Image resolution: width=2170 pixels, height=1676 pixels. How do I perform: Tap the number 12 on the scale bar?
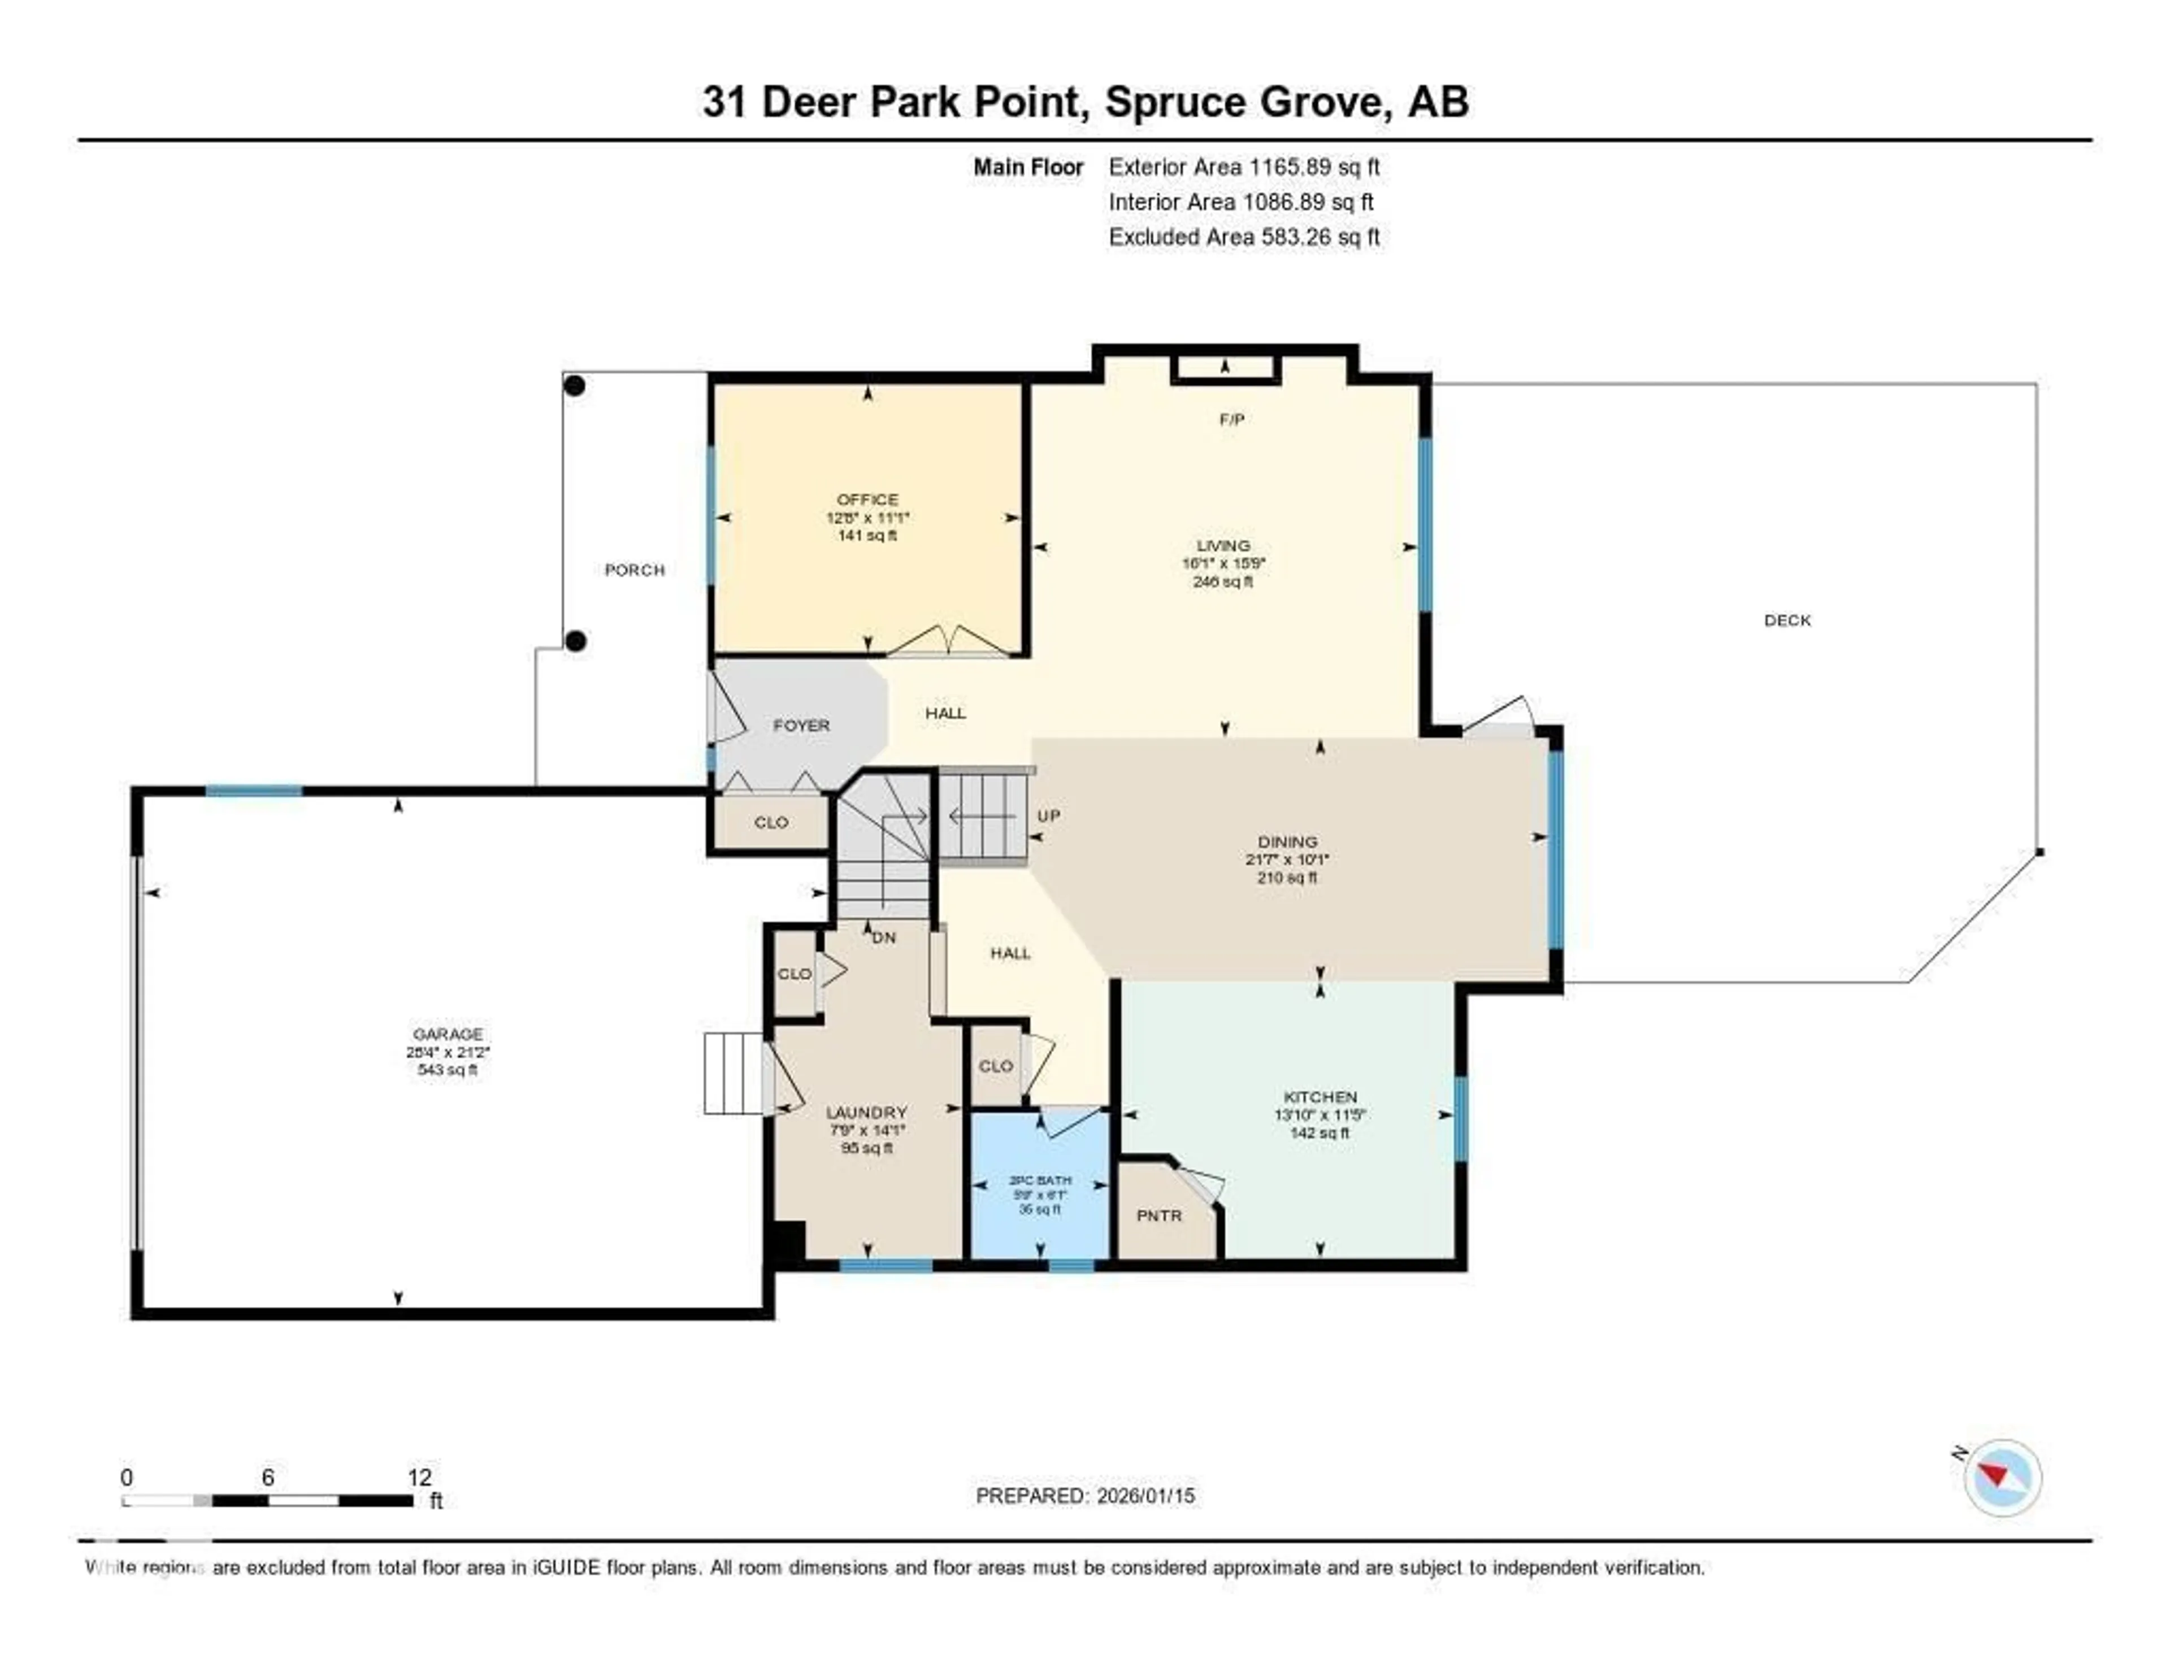(x=419, y=1477)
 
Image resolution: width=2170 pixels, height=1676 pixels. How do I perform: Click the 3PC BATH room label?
(x=1040, y=1180)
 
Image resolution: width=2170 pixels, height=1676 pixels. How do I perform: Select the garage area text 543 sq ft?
(x=447, y=1070)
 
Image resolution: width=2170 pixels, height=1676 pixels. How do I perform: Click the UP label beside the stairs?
(x=1048, y=815)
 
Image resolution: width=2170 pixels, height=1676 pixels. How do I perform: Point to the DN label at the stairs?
(x=883, y=937)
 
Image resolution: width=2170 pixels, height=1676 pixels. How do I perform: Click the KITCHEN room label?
(x=1320, y=1097)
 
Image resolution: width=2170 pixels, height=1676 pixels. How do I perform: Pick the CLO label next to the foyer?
(x=771, y=823)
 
